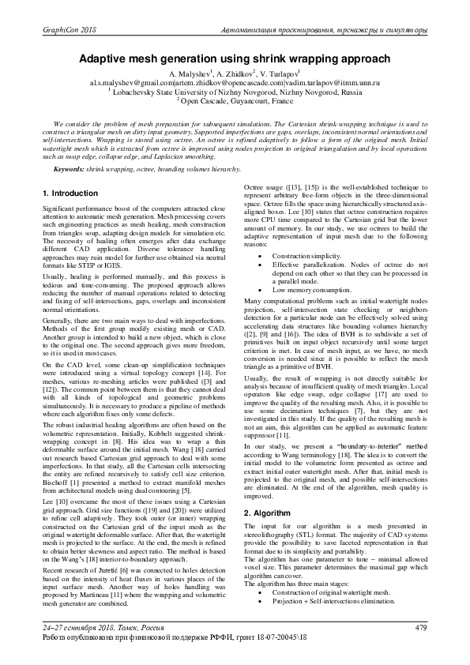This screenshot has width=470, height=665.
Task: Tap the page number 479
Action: (420, 627)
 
